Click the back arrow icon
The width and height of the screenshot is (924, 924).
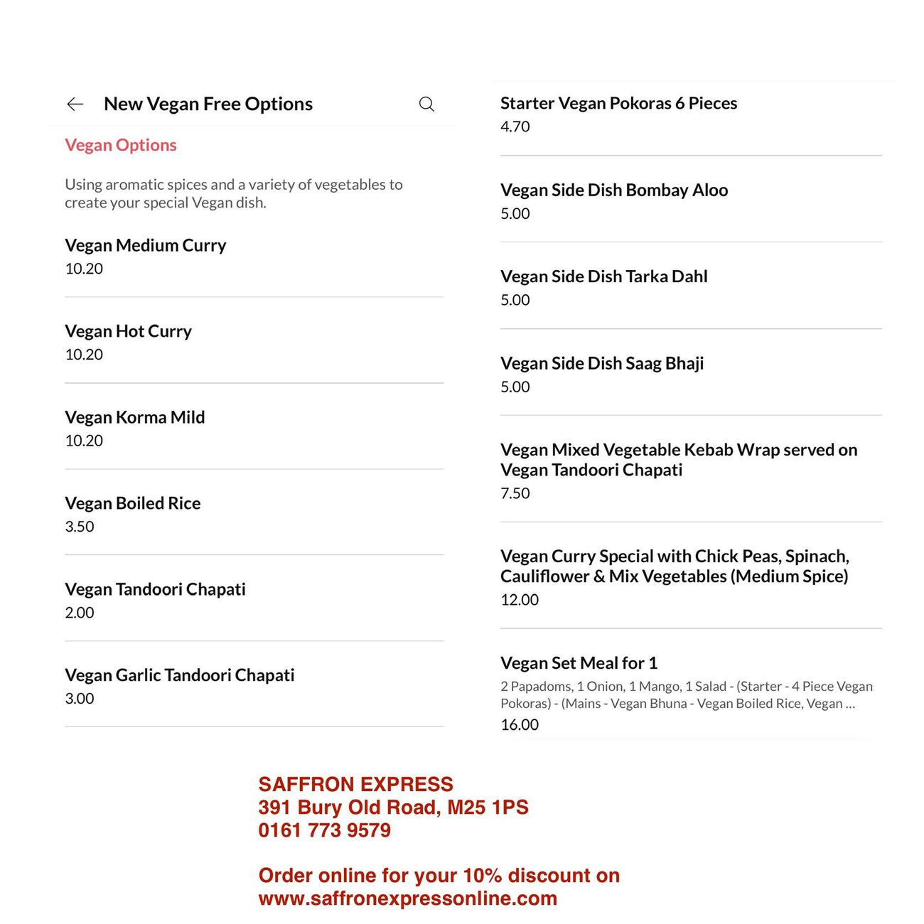pos(75,104)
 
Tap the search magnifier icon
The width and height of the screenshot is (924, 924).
pos(426,104)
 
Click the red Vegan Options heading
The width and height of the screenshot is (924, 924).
pos(121,145)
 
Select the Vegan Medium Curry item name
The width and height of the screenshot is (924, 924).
pos(146,245)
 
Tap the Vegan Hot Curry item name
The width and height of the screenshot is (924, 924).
pos(129,331)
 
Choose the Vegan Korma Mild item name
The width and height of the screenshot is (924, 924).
pos(135,417)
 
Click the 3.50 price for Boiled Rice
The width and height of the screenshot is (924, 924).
pos(80,527)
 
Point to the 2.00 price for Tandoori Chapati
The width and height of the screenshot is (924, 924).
pos(80,613)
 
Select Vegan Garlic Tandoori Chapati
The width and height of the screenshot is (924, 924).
pos(180,675)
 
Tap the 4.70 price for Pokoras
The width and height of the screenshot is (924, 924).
pos(515,127)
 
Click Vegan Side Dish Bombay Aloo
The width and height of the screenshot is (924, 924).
pos(614,190)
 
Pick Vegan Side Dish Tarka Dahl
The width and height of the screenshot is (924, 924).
pos(604,276)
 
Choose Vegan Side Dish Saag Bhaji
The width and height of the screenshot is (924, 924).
pos(602,363)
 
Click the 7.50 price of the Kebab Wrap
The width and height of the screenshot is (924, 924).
pos(515,493)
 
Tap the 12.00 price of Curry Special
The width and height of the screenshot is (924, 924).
pos(520,600)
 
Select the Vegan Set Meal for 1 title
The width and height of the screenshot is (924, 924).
pos(579,663)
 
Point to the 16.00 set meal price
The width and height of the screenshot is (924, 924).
pos(520,725)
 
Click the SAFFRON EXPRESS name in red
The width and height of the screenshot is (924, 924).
pos(356,784)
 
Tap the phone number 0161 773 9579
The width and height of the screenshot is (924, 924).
pos(325,830)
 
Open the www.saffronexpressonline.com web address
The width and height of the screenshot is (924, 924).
pos(408,898)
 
